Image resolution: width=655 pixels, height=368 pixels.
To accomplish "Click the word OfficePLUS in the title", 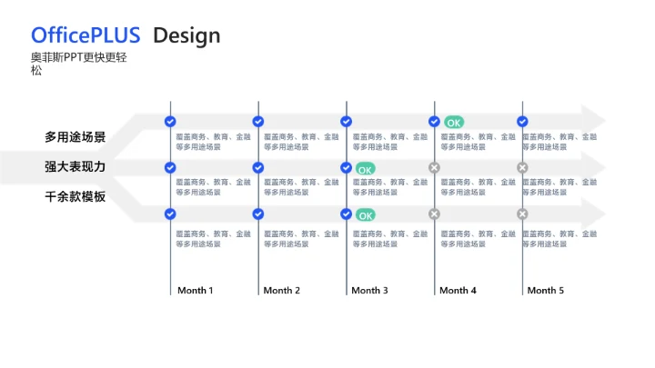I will (x=86, y=35).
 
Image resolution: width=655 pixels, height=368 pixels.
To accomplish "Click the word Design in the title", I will (x=186, y=35).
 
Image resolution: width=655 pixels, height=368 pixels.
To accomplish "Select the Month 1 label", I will (x=195, y=291).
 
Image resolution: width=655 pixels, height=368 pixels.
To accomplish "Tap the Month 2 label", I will (x=281, y=291).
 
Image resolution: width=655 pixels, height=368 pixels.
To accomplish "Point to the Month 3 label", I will (x=369, y=291).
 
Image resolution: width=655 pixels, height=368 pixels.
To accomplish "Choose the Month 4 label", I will (x=458, y=291).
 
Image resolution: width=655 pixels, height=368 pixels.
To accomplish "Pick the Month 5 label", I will (x=545, y=291).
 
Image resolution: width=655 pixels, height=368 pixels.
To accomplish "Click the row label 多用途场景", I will (x=76, y=137).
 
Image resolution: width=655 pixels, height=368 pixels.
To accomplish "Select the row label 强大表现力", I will (x=76, y=167).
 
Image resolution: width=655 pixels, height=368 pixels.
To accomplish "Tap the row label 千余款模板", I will (x=76, y=196).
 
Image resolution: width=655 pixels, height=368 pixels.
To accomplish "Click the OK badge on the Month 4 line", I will (x=453, y=122).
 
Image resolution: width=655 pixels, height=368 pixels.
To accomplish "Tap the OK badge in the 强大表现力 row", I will (x=365, y=169).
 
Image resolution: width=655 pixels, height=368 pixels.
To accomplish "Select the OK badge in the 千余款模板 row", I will (x=365, y=215).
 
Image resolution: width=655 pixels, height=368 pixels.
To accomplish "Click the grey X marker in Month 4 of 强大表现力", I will (x=434, y=167).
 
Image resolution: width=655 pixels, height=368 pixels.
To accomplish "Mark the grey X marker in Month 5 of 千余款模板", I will (x=522, y=214).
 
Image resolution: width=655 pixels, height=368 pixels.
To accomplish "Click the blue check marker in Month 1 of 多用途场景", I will (x=170, y=121).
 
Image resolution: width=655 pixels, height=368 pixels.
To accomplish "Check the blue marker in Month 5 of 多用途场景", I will (x=522, y=121).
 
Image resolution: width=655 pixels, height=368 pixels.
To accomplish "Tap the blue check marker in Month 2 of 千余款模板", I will (x=258, y=214).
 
